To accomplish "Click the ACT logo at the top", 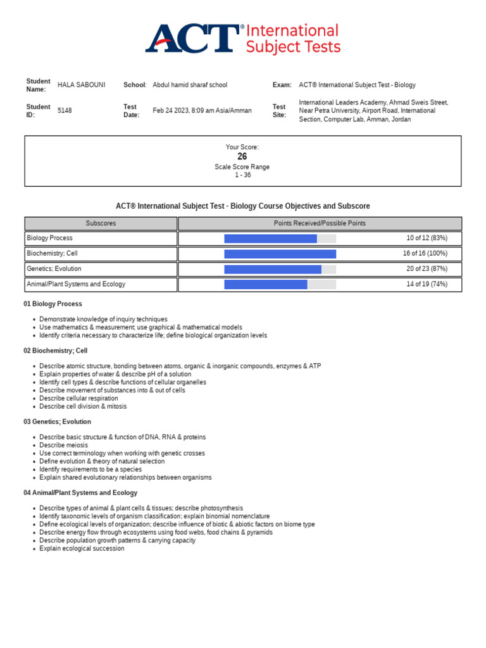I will (x=194, y=39).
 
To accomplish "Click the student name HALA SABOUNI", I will (x=82, y=85).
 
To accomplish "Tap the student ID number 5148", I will (x=65, y=111).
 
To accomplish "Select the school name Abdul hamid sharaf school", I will (x=190, y=85).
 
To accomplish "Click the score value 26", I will (x=242, y=156).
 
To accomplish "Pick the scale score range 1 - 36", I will (x=242, y=175).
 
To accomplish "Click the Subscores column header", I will (x=101, y=223).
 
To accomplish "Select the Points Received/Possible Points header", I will (x=320, y=223).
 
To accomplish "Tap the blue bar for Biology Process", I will (x=270, y=239).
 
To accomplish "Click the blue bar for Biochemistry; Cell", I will (x=280, y=254).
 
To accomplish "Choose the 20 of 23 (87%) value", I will (x=427, y=269).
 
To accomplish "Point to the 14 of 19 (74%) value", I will (x=427, y=284).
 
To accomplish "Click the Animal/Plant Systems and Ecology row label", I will (x=76, y=284).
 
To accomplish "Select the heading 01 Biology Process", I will (x=53, y=304).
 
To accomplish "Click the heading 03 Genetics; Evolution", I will (x=57, y=421).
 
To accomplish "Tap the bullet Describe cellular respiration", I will (x=78, y=399).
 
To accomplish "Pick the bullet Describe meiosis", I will (x=63, y=445).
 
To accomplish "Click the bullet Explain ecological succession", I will (x=82, y=549).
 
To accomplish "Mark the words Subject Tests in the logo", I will (x=293, y=47).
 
